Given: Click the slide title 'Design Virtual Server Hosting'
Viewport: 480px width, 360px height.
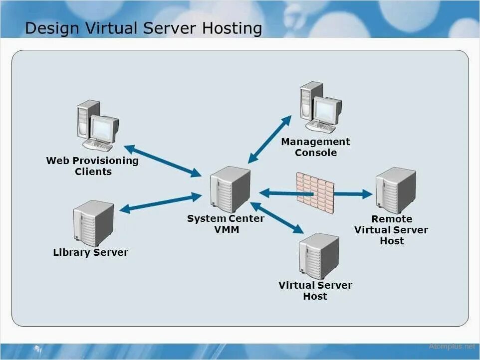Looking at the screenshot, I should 143,28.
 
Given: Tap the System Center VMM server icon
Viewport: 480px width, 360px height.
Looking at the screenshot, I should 230,189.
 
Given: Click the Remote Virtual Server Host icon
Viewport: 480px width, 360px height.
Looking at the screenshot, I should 395,190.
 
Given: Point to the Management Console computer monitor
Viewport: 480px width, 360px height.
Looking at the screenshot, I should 327,109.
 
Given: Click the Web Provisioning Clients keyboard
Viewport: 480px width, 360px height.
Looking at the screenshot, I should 98,145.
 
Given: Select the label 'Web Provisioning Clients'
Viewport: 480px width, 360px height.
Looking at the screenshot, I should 92,166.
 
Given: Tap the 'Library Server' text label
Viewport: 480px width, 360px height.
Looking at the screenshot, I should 90,252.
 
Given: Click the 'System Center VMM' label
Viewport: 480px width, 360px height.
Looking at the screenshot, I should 226,224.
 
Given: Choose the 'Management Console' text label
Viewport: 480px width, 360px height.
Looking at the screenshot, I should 315,147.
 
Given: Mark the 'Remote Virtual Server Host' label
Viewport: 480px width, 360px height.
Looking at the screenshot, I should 391,230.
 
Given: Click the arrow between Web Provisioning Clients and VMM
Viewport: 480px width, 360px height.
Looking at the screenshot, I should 162,161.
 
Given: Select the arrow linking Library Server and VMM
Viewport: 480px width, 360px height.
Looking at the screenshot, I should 160,203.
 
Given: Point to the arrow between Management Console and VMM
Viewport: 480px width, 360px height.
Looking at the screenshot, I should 270,139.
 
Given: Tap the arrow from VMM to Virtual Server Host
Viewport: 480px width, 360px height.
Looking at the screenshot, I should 277,218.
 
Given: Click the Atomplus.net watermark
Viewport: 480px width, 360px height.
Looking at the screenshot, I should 452,346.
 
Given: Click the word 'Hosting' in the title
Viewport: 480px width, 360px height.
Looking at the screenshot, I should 232,28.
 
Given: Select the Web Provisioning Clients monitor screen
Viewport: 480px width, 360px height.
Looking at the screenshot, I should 103,128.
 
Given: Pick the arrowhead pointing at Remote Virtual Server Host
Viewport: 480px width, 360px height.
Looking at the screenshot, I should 367,194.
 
